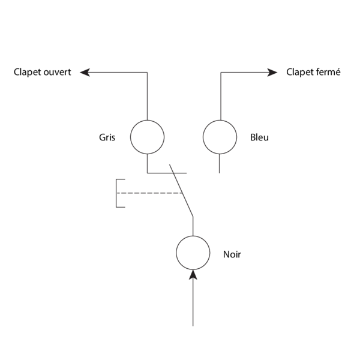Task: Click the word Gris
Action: (x=107, y=137)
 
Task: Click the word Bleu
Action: (x=260, y=137)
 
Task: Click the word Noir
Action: (x=232, y=254)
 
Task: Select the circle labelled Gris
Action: (x=147, y=137)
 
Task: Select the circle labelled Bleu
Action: (x=220, y=137)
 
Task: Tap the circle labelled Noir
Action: (x=193, y=253)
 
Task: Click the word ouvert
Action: (x=58, y=72)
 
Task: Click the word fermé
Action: (x=328, y=72)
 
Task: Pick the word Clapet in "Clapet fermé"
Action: (x=299, y=72)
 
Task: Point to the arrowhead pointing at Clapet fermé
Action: (x=273, y=72)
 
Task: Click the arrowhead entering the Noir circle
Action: (x=193, y=275)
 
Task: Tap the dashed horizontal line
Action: (x=150, y=193)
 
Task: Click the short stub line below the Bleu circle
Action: (x=220, y=164)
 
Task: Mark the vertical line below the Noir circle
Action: (x=193, y=303)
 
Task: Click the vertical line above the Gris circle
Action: (x=147, y=96)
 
